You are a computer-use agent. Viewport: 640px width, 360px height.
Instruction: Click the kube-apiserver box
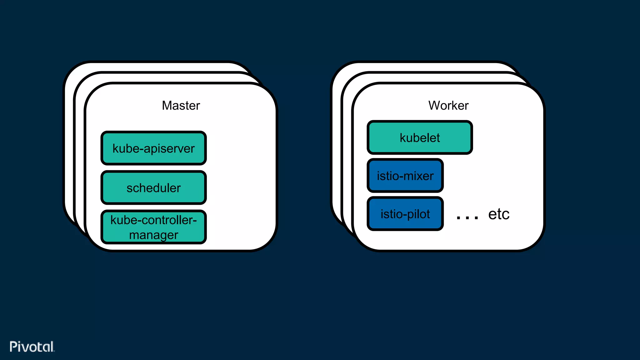point(153,148)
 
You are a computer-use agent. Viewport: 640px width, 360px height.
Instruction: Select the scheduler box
point(153,187)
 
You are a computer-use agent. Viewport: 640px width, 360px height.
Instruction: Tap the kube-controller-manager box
point(153,227)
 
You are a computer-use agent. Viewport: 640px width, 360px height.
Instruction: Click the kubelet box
point(420,137)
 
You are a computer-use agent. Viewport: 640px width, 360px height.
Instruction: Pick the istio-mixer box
point(405,176)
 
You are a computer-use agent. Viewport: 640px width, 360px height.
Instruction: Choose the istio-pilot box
point(405,214)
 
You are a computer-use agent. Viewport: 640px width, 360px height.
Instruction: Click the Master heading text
point(181,106)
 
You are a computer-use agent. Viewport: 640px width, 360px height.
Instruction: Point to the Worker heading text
point(448,106)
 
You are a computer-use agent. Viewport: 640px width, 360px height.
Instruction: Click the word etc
point(499,214)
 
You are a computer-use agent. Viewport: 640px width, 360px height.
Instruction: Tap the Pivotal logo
point(32,347)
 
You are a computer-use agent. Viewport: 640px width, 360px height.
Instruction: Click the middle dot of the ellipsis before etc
point(467,218)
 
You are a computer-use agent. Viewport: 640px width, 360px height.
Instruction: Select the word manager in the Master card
point(153,235)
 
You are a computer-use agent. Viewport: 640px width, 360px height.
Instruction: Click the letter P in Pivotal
point(13,347)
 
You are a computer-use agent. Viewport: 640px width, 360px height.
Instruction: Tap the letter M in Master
point(167,106)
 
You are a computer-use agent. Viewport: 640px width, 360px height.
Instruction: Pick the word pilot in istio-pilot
point(419,214)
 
